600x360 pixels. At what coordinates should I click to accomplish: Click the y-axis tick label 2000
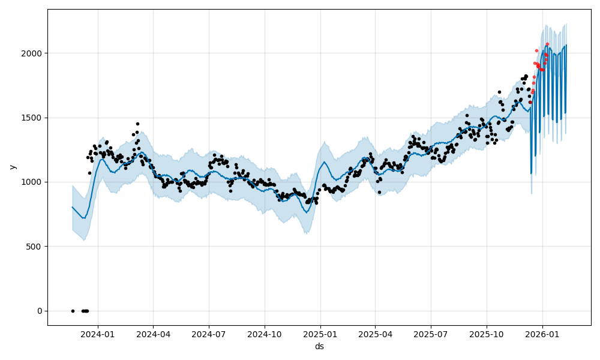33,53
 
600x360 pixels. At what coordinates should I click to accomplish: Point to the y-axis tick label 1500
33,118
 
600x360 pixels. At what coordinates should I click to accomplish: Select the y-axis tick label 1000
33,182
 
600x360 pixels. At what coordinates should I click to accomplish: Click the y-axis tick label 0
40,311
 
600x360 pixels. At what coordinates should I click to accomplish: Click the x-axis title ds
319,346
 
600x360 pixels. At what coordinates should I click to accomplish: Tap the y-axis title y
11,167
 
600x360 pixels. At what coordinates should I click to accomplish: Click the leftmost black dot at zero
73,311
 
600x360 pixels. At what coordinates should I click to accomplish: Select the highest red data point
547,44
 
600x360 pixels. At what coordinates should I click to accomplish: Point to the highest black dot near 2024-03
137,124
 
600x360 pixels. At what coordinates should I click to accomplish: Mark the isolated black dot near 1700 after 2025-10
499,92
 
